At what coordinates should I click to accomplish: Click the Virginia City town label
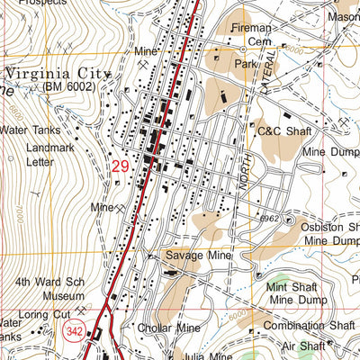click(x=56, y=73)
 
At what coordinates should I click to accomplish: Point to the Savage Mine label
click(x=198, y=256)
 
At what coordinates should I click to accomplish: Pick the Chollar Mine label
click(x=169, y=328)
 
